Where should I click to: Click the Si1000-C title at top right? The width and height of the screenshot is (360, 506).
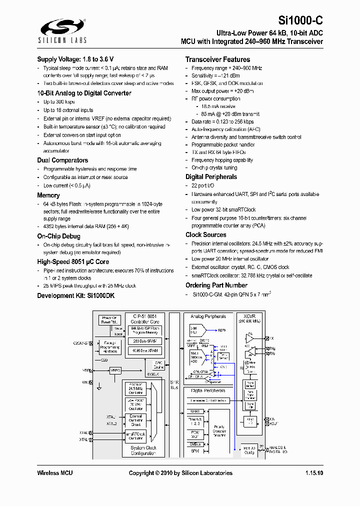pyautogui.click(x=300, y=21)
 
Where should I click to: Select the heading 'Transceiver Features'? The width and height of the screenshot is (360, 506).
pyautogui.click(x=217, y=59)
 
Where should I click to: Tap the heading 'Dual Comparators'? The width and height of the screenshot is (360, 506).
pyautogui.click(x=62, y=160)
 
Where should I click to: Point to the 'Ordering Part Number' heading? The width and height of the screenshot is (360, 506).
pyautogui.click(x=216, y=285)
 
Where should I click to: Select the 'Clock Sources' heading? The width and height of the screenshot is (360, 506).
pyautogui.click(x=206, y=235)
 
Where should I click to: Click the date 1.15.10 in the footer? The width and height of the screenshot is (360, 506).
pyautogui.click(x=314, y=473)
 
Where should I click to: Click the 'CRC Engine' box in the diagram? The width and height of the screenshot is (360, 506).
pyautogui.click(x=158, y=364)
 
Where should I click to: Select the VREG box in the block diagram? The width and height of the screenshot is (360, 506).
pyautogui.click(x=115, y=370)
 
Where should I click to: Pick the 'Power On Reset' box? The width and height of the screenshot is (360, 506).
pyautogui.click(x=109, y=319)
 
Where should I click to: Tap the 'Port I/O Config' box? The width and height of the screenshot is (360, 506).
pyautogui.click(x=248, y=450)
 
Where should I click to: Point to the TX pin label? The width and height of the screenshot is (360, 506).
pyautogui.click(x=271, y=338)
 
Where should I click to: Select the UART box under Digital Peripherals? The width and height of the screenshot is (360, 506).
pyautogui.click(x=195, y=411)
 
